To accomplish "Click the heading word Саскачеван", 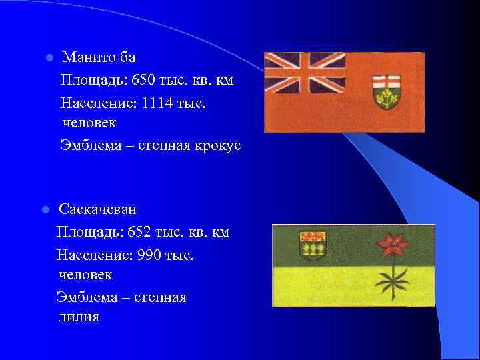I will click(x=97, y=209).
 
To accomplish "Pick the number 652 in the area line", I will click(x=141, y=232).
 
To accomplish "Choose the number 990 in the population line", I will click(x=150, y=254).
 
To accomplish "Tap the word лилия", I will click(x=79, y=316).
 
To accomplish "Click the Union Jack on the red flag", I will click(x=304, y=74).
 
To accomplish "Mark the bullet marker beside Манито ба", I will click(x=49, y=58).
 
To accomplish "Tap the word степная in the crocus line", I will click(x=166, y=145).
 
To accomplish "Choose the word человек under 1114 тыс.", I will click(x=89, y=123).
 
